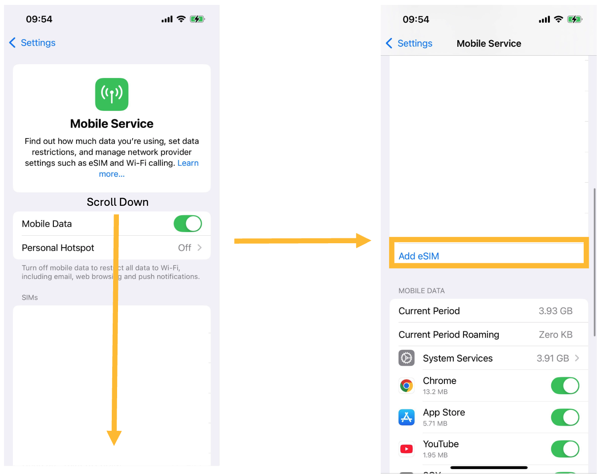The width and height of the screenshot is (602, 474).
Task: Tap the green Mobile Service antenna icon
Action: coord(112,94)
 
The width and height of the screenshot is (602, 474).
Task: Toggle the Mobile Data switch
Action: coord(187,224)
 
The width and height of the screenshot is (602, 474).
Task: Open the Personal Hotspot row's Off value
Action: coord(185,248)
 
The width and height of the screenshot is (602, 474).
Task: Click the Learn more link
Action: coord(187,163)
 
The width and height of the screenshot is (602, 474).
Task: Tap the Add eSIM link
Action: coord(419,256)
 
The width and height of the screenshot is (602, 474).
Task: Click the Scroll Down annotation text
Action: coord(118,202)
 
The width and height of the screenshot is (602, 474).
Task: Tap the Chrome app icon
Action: coord(406,385)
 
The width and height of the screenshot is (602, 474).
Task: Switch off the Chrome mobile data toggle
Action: coord(565,386)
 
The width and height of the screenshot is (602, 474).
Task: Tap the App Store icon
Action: coord(406,417)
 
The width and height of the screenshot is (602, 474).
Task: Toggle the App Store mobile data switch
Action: coord(565,417)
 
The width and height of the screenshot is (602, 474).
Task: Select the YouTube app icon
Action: coord(406,449)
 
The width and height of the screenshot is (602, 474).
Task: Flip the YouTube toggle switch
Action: coord(565,449)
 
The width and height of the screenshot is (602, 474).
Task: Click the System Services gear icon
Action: coord(406,358)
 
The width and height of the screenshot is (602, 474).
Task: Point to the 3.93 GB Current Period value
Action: coord(555,311)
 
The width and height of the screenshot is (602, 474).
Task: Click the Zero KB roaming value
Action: coord(555,335)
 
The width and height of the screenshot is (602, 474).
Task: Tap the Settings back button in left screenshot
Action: coord(32,43)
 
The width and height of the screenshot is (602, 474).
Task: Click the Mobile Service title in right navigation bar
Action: coord(488,44)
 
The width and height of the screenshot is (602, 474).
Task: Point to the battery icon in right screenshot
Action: coord(574,20)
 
